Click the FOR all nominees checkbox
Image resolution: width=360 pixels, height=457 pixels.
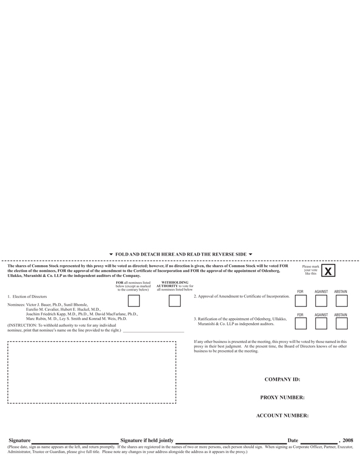click(x=134, y=301)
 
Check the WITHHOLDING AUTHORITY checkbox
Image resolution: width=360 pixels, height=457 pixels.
click(x=175, y=301)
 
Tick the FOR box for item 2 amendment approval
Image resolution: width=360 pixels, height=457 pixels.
click(x=301, y=301)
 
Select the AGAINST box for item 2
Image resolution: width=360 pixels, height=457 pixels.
click(x=321, y=301)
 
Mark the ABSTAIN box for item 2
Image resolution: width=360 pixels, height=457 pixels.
click(x=341, y=301)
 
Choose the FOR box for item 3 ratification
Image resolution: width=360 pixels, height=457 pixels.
click(x=301, y=323)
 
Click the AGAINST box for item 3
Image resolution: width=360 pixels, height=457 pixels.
click(x=321, y=323)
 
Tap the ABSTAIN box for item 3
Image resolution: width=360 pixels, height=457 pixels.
click(x=341, y=323)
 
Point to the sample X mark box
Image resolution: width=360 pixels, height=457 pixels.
click(x=328, y=271)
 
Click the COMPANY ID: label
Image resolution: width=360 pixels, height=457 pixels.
click(x=282, y=380)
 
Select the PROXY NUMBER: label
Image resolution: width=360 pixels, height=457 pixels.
click(x=282, y=398)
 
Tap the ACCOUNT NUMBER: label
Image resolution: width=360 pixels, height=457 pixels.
click(x=282, y=416)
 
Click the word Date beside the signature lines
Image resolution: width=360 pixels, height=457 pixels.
click(x=292, y=440)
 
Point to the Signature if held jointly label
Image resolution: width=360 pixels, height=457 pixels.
click(x=147, y=440)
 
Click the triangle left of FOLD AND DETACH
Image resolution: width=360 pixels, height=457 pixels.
click(x=111, y=254)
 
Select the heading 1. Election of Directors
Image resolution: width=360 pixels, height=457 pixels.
click(x=27, y=296)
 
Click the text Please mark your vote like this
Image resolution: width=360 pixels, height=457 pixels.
click(x=310, y=270)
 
